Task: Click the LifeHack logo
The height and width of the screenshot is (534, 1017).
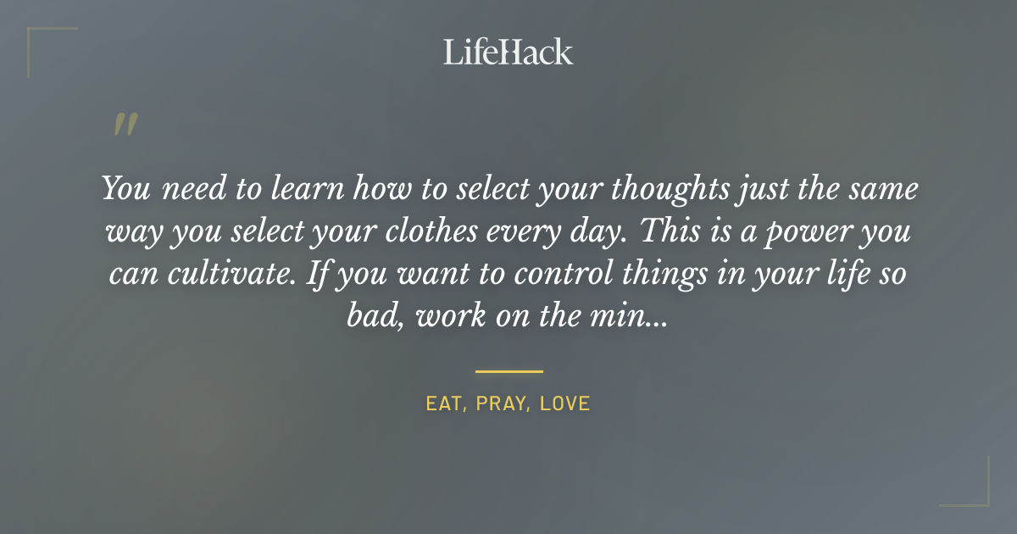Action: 508,53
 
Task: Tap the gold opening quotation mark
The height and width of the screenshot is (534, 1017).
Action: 125,125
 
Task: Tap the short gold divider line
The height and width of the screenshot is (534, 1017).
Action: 508,371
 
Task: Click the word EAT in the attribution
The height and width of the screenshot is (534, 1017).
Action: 444,404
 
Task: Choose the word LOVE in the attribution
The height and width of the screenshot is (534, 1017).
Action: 564,404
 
